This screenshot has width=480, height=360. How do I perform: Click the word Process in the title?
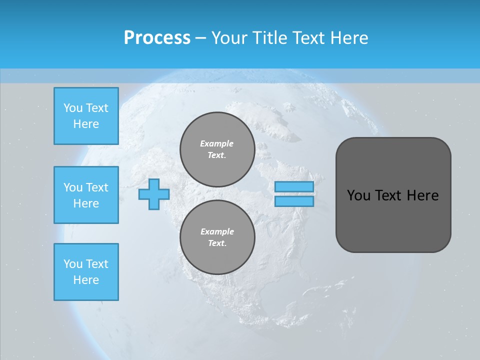click(x=157, y=38)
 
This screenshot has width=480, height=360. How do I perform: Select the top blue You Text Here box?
click(x=86, y=116)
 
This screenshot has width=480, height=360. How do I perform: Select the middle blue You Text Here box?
click(x=86, y=195)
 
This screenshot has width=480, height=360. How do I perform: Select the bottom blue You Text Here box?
click(x=86, y=271)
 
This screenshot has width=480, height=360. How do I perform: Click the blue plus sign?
click(x=153, y=194)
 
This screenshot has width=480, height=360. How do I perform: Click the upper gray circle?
click(x=217, y=149)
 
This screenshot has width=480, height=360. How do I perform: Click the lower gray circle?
click(x=217, y=237)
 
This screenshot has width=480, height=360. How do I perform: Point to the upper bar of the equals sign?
click(x=294, y=186)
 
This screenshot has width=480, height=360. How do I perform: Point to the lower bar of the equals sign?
click(x=294, y=201)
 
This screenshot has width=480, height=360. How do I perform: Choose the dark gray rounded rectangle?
click(x=393, y=195)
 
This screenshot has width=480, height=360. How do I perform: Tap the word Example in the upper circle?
click(x=217, y=143)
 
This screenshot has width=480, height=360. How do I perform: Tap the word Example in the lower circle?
click(x=217, y=231)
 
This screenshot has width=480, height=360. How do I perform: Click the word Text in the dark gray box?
click(x=388, y=195)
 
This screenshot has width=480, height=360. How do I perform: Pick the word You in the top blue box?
click(x=72, y=108)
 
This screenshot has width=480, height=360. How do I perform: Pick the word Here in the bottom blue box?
click(x=86, y=280)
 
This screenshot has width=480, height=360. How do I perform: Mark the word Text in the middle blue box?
click(x=97, y=187)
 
